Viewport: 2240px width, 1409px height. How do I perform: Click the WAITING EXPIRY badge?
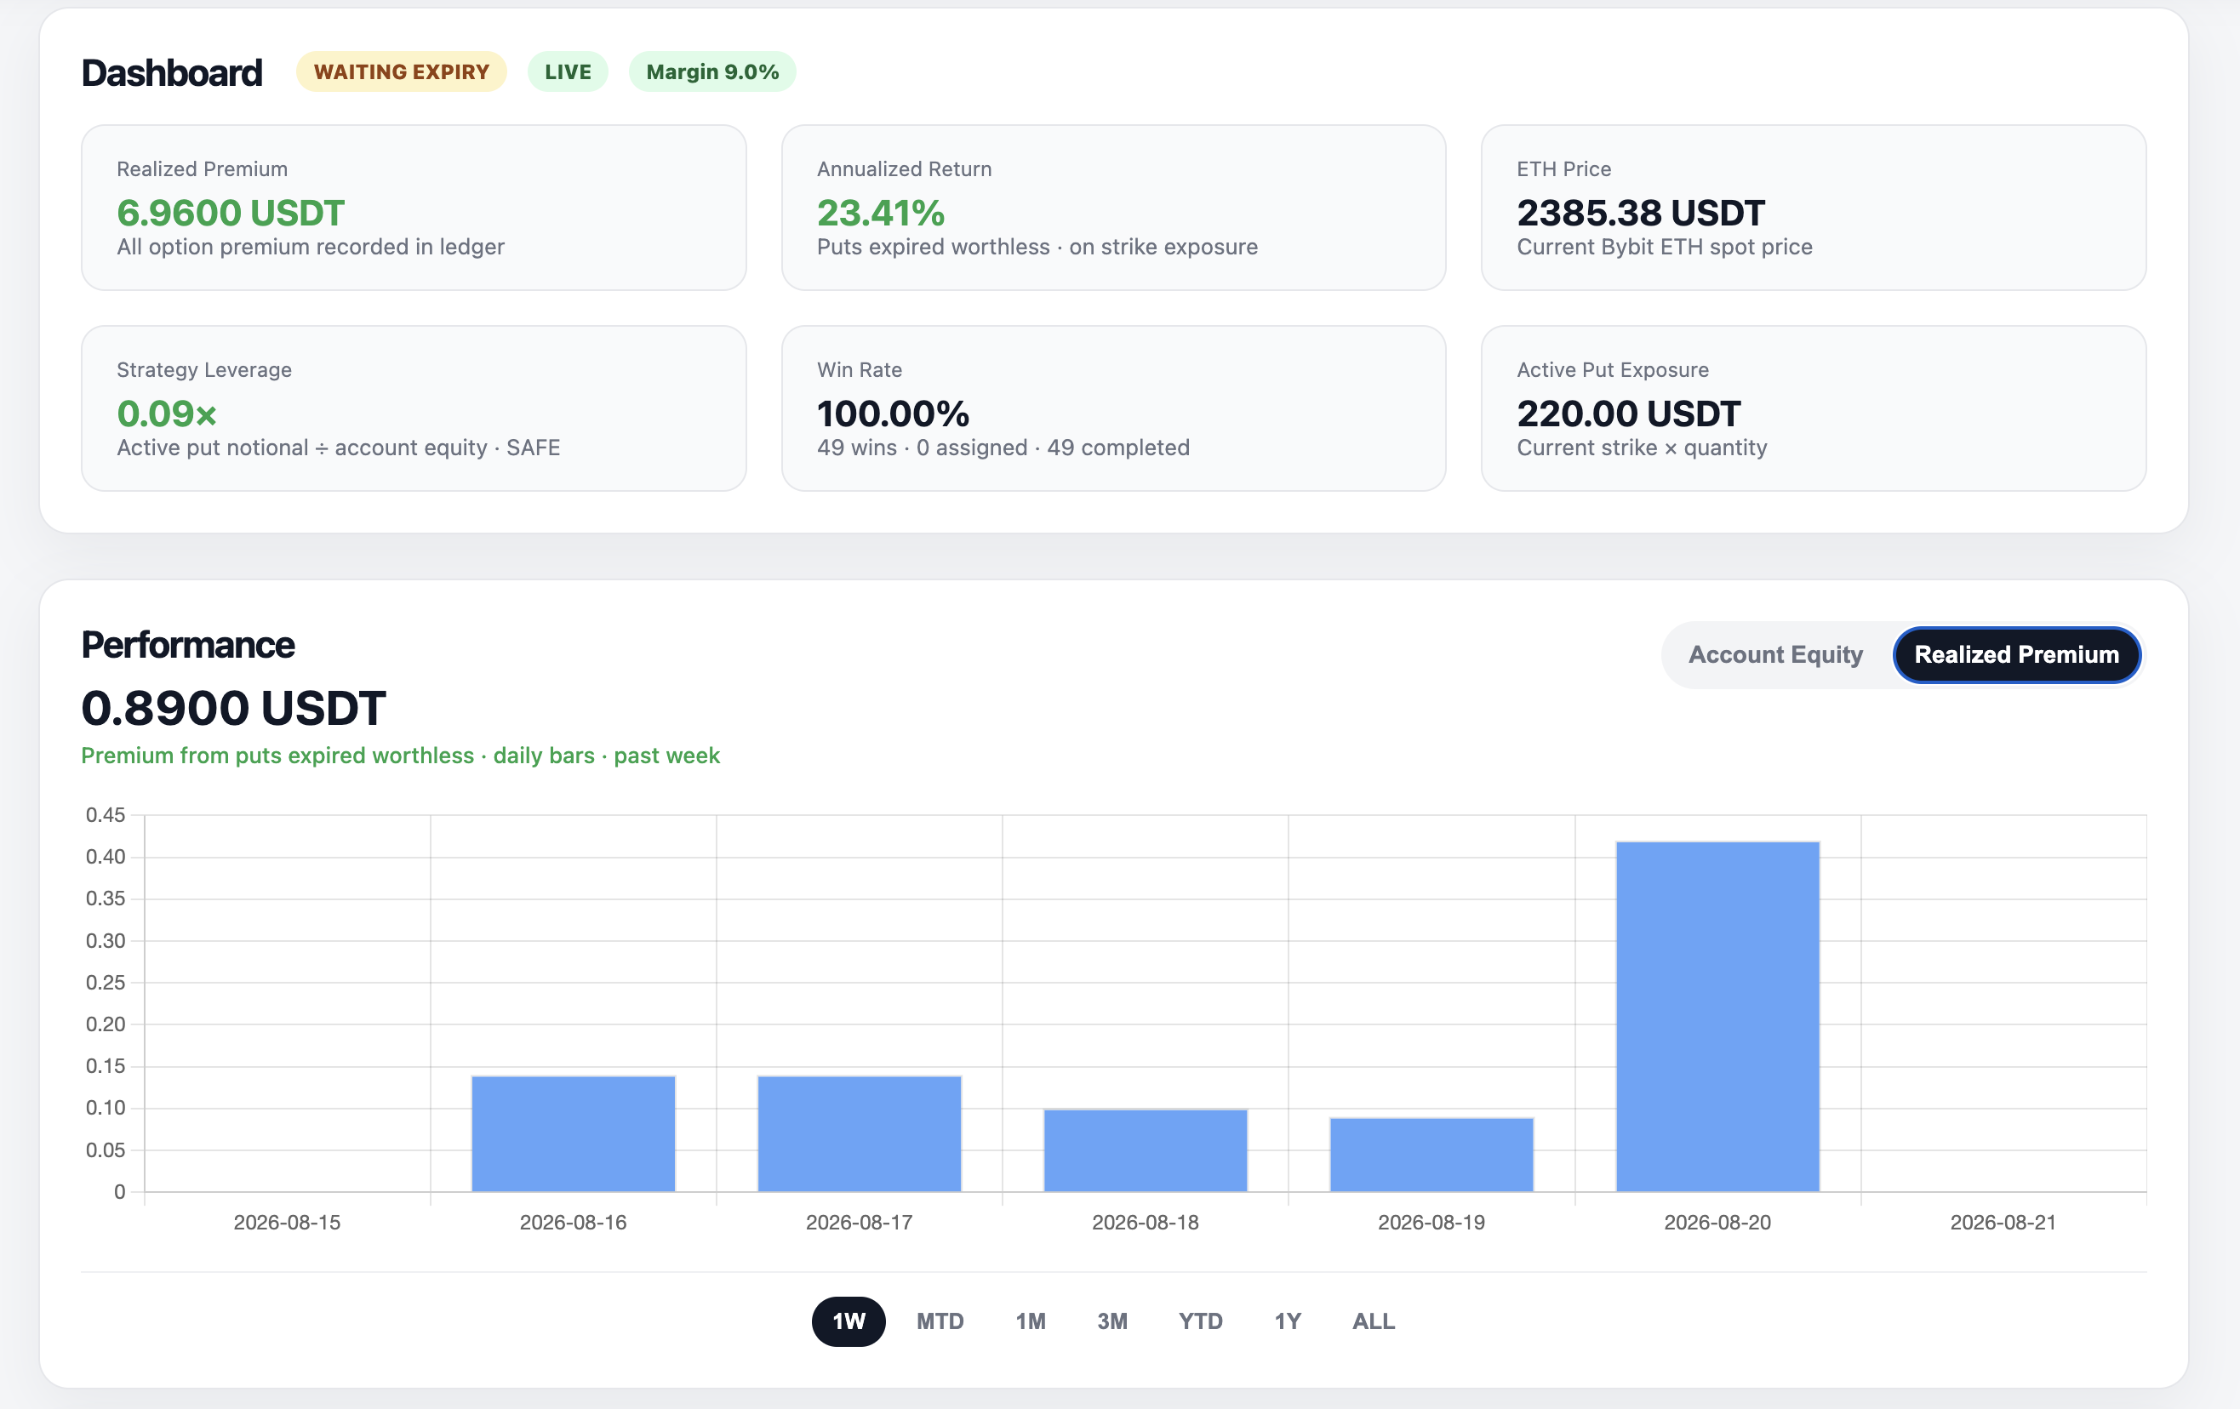coord(401,71)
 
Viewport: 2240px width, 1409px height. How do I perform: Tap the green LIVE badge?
coord(568,71)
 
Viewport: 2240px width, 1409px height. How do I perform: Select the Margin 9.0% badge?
coord(712,71)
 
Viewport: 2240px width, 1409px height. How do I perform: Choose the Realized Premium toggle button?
coord(2017,655)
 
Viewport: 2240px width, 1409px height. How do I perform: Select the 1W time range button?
coord(849,1321)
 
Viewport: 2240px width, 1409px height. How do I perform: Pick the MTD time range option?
coord(940,1321)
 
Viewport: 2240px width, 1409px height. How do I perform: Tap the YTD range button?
coord(1200,1321)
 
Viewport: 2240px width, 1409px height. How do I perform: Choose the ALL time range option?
coord(1373,1321)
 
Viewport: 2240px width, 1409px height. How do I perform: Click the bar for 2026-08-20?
coord(1717,1017)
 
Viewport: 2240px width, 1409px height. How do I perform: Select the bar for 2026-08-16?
coord(573,1133)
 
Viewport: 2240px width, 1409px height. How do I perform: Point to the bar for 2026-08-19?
coord(1431,1154)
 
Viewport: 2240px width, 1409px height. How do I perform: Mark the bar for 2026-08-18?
coord(1146,1150)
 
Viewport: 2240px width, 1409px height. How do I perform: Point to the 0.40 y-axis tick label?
coord(106,857)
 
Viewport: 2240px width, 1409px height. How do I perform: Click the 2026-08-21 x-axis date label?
coord(2003,1222)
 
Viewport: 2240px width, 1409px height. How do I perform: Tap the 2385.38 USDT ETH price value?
coord(1640,213)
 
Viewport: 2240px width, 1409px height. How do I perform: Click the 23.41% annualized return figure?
coord(880,213)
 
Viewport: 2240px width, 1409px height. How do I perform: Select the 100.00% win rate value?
coord(893,414)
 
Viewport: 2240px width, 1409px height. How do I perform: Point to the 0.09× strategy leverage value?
coord(167,414)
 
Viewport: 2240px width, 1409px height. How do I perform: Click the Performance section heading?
coord(188,644)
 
